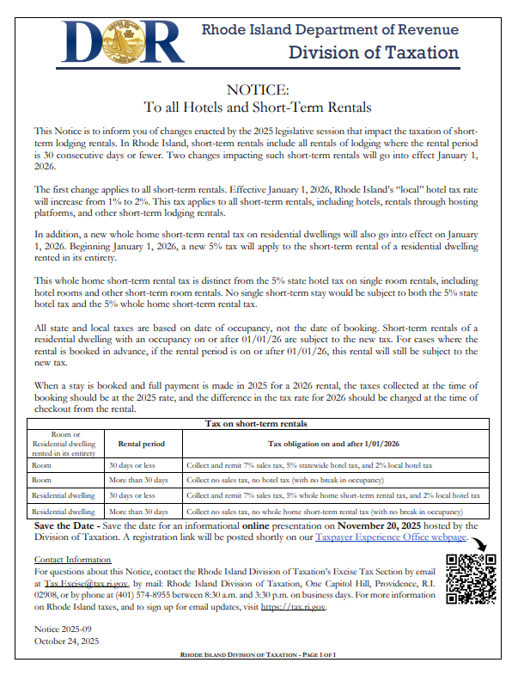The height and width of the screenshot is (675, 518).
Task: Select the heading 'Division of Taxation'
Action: point(374,52)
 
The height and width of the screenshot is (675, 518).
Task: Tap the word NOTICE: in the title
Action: point(258,90)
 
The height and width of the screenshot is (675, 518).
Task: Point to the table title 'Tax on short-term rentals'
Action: point(258,424)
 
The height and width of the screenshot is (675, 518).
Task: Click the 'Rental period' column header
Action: point(142,443)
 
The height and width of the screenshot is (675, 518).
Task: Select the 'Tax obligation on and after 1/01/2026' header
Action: point(335,443)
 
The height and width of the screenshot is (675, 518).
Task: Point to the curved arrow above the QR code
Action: point(479,544)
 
